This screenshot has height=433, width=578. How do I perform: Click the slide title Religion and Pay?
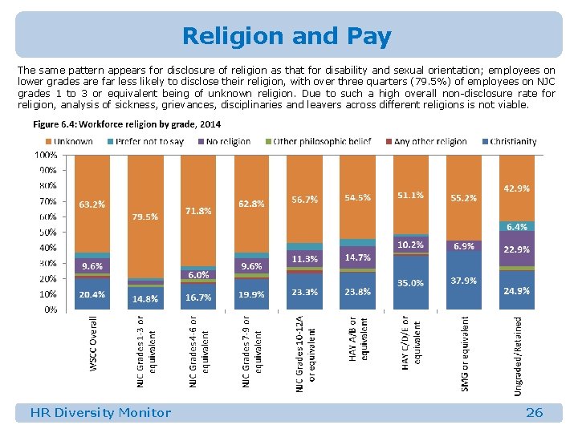287,36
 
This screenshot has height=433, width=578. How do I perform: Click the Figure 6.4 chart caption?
127,124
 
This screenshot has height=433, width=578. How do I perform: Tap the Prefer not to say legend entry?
149,141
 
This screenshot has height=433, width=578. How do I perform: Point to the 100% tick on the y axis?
45,154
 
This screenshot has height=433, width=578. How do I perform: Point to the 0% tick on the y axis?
50,309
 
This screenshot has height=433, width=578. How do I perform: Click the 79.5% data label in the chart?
144,216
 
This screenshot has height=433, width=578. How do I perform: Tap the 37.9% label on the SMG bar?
463,281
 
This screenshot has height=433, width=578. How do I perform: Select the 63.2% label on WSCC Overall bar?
92,204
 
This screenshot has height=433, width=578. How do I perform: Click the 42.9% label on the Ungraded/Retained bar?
516,188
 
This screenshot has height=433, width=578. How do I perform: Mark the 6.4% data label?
516,227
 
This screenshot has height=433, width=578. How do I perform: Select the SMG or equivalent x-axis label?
465,353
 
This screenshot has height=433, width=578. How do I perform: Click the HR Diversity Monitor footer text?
100,413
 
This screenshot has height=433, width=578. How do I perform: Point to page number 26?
534,413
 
